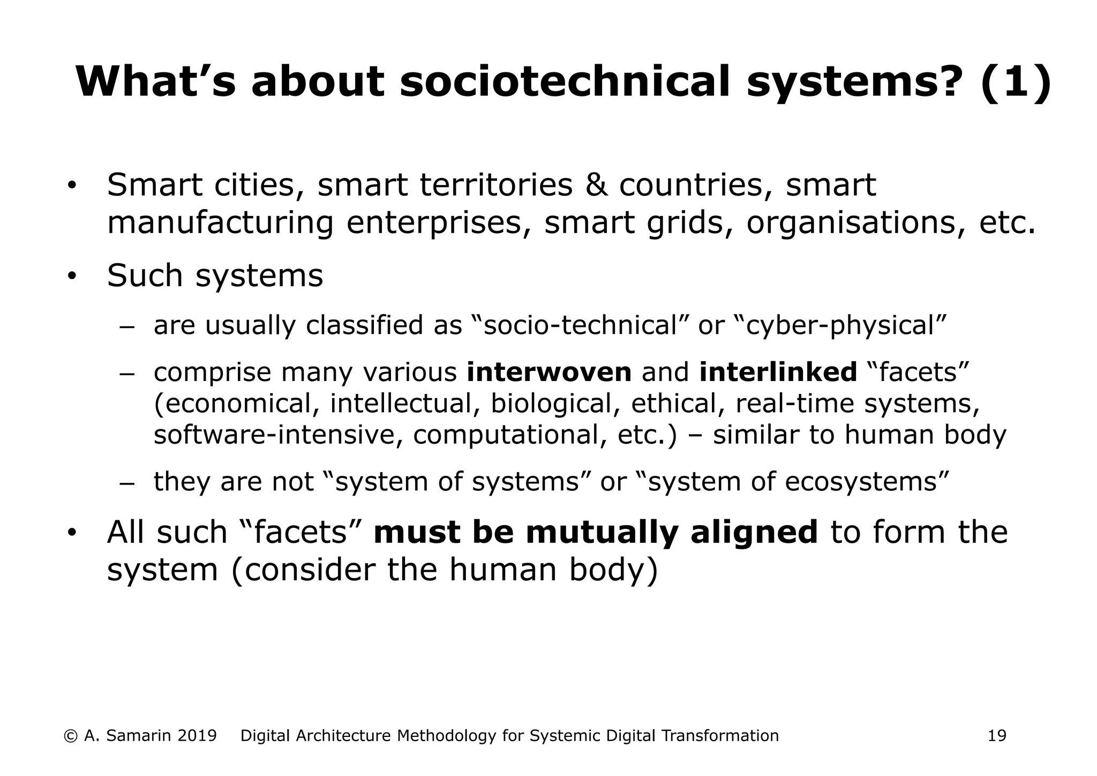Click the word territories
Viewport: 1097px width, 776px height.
tap(496, 185)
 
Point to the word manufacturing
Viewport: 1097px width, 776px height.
tap(220, 223)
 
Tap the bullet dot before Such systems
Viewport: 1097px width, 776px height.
tap(72, 277)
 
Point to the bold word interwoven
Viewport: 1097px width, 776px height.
tap(549, 372)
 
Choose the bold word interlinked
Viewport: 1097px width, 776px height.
tap(778, 372)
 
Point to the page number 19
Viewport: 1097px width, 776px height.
tap(997, 736)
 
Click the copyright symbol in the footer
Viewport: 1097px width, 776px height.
tap(70, 736)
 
